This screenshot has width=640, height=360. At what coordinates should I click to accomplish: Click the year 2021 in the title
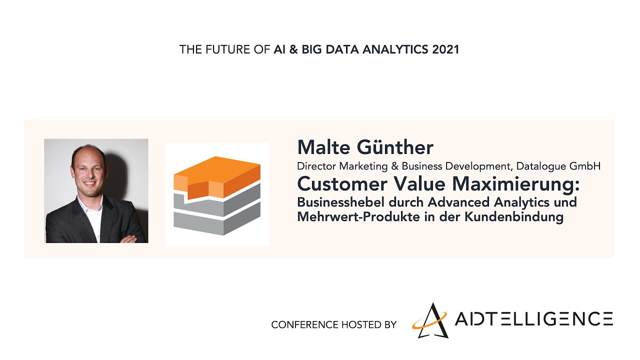tap(445, 49)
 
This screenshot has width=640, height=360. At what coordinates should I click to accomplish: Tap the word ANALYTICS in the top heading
tap(395, 49)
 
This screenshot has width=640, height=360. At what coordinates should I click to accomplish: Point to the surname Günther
tap(395, 147)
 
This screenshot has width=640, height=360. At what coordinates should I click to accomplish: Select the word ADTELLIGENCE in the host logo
tap(533, 319)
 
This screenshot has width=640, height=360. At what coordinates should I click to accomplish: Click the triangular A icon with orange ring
tap(430, 321)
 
